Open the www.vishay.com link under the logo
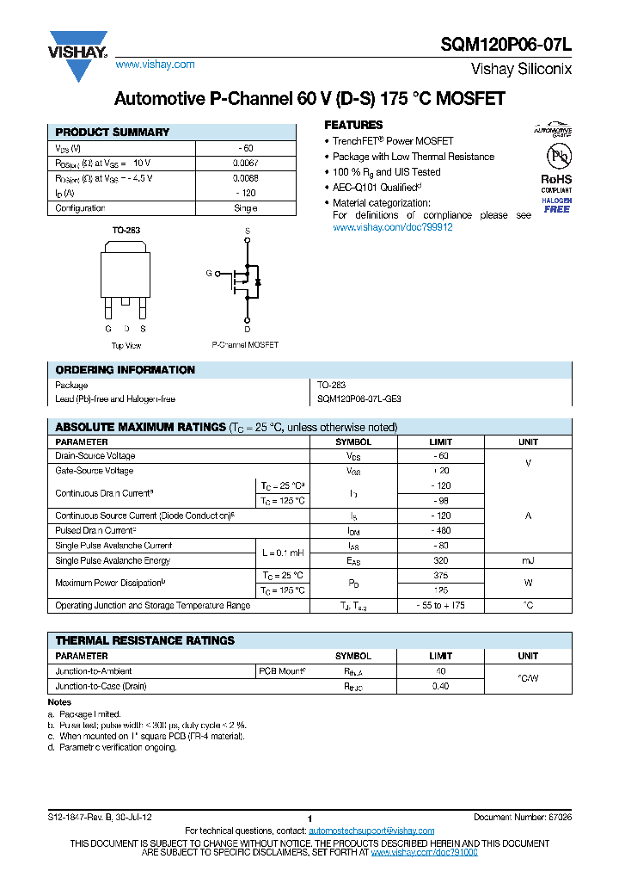tap(155, 65)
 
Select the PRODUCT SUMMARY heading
tap(112, 133)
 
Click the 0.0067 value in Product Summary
tap(245, 163)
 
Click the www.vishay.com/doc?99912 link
tap(392, 227)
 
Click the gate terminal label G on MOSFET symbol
tap(208, 274)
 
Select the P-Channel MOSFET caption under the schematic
tap(245, 345)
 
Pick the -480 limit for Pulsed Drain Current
tap(441, 531)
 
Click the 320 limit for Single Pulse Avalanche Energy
tap(441, 561)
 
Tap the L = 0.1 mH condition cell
tap(283, 553)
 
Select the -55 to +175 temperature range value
tap(441, 606)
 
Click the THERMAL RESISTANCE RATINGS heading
tap(144, 641)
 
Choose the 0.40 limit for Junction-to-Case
tap(441, 687)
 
